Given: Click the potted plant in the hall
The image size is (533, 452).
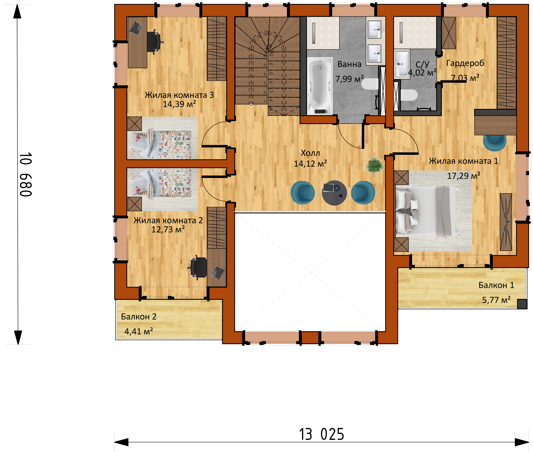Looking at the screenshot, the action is [x=375, y=165].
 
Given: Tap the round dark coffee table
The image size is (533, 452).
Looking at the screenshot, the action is [x=334, y=193].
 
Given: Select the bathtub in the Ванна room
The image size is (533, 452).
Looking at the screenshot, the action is [x=320, y=86].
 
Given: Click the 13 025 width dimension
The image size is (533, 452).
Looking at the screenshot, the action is [x=322, y=434].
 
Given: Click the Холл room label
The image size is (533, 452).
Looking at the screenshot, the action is [x=310, y=153].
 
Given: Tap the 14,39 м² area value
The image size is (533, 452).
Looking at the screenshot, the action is [x=179, y=104].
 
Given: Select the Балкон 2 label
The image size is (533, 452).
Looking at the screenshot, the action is [x=139, y=317].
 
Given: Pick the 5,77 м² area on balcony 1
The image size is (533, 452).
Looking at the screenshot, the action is [x=496, y=300].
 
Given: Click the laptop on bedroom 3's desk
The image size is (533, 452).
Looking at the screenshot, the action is [x=136, y=28].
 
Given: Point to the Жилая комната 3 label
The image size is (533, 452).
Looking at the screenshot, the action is [x=179, y=95].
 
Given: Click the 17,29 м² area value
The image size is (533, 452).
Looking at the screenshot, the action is [x=464, y=176].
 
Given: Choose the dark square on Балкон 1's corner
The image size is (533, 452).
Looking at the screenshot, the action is [x=522, y=304].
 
